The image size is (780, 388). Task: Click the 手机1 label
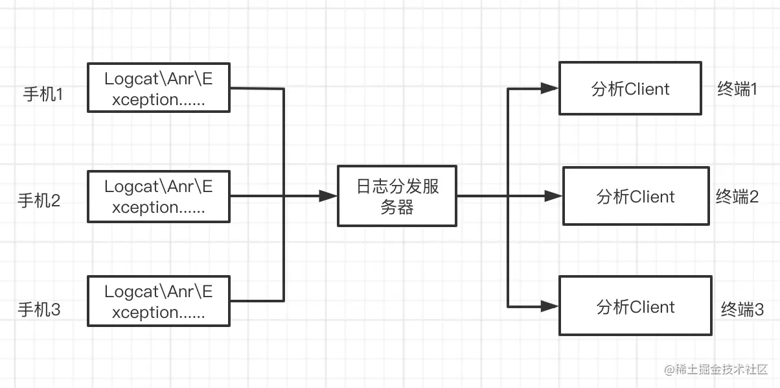click(43, 95)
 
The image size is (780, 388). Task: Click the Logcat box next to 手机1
click(159, 88)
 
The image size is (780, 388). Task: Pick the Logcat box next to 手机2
click(159, 197)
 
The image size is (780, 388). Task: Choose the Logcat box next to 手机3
click(159, 301)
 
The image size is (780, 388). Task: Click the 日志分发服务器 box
click(397, 196)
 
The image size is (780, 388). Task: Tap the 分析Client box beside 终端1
click(630, 88)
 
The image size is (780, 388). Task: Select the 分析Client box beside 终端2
click(636, 196)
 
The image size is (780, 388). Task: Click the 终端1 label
click(738, 90)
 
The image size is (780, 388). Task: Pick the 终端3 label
click(742, 310)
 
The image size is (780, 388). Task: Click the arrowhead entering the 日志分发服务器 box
click(329, 196)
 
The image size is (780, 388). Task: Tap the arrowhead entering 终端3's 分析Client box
click(551, 305)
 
